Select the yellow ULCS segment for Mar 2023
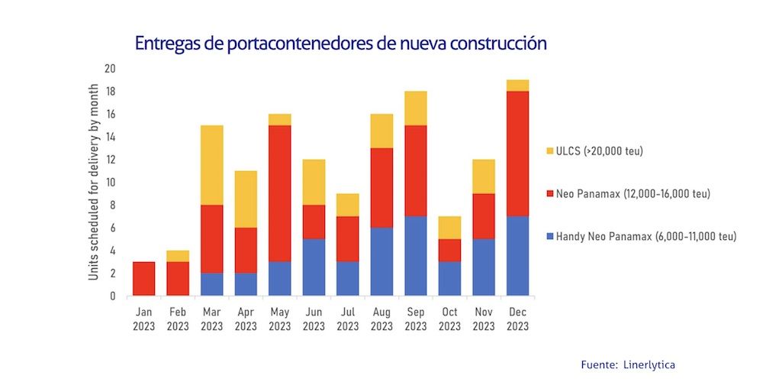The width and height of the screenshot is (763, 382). pos(211,165)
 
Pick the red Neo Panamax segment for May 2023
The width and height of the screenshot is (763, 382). pos(279,193)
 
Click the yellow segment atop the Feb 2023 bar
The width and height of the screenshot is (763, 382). pos(178,256)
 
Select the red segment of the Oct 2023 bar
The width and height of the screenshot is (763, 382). pos(449,251)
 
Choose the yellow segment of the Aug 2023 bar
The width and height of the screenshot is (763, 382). pos(381,131)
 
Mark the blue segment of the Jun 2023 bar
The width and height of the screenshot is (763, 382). pos(314,267)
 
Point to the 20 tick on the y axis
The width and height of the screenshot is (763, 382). pos(110,69)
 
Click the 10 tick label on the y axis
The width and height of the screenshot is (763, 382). pos(110,182)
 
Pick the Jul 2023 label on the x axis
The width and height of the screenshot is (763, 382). pos(347,319)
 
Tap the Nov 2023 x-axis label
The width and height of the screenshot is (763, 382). pos(484,319)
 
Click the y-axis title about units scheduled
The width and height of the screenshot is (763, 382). pos(93,182)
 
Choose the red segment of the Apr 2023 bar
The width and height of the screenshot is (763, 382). pos(246,250)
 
